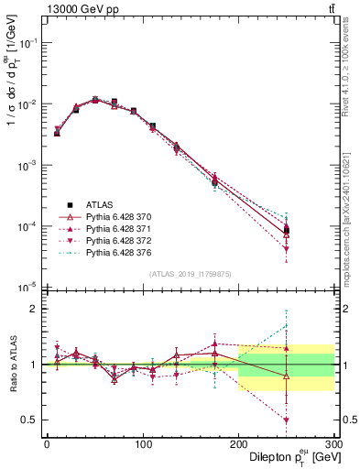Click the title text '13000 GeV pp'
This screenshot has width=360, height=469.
coord(76,8)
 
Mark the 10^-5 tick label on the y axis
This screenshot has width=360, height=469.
coord(27,287)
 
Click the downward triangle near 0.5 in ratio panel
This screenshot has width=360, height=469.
coord(287,420)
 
